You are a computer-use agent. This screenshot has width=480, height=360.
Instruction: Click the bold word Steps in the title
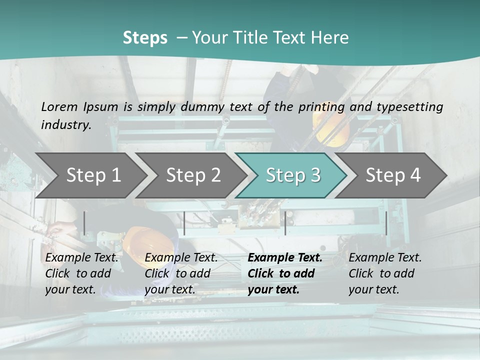pos(145,38)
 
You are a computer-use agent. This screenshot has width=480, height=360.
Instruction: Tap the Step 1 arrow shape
pos(90,175)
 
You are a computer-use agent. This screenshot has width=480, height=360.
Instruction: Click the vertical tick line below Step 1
pos(84,223)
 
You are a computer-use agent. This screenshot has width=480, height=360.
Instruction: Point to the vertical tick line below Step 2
pos(184,223)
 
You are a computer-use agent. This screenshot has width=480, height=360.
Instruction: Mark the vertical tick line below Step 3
pos(285,223)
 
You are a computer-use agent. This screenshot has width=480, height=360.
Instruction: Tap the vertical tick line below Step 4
pos(386,223)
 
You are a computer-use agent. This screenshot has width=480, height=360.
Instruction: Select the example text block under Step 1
pos(82,273)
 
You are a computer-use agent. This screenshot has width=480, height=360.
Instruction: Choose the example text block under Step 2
pos(181,273)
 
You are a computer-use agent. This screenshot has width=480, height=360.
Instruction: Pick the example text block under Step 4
pos(385,273)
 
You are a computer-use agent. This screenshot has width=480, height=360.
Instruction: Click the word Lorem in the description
pos(59,107)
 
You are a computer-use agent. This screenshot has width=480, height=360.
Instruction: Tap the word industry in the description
pos(65,125)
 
